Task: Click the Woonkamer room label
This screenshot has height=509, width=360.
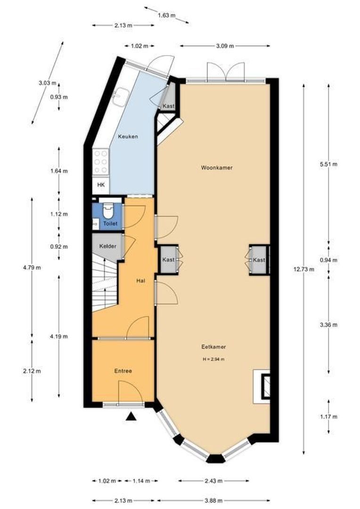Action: click(217, 168)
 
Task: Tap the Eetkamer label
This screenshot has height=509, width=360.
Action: click(213, 347)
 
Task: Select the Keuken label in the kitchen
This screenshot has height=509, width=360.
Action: click(128, 136)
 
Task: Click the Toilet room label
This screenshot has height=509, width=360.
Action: click(110, 223)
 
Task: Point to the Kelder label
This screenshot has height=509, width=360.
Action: click(107, 246)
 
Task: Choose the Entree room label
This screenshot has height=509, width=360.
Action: click(123, 371)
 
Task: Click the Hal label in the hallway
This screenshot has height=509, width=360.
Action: click(140, 280)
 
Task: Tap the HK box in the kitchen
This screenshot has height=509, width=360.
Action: click(101, 185)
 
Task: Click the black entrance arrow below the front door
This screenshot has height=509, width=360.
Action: click(131, 417)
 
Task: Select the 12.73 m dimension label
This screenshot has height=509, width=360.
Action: click(304, 269)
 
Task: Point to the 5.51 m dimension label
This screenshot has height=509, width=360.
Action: click(328, 164)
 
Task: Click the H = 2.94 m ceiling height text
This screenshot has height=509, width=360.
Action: click(213, 359)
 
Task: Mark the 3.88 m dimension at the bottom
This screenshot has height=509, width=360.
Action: click(214, 500)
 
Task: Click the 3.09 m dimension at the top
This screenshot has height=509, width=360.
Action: click(225, 46)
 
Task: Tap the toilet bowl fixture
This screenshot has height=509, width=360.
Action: click(108, 211)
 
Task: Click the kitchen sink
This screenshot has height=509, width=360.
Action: click(120, 97)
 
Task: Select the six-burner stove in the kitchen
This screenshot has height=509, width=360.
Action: click(100, 162)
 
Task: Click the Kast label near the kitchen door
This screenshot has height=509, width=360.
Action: click(169, 106)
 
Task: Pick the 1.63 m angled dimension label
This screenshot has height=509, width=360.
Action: click(166, 15)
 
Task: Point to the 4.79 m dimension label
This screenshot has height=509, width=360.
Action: click(32, 268)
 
